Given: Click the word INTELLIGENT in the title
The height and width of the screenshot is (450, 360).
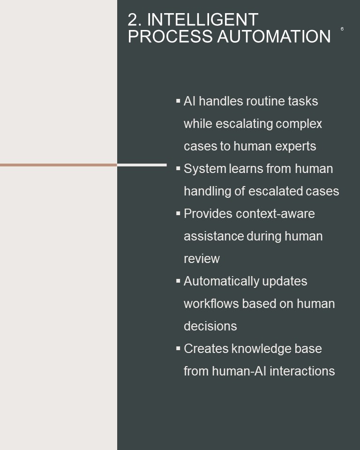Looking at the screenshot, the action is click(x=202, y=20).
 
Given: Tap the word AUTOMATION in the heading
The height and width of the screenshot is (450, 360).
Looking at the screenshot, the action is click(x=274, y=36).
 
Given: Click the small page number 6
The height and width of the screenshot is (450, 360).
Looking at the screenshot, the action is click(x=342, y=29).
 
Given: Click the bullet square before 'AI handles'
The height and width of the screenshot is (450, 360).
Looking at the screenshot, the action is click(x=178, y=101).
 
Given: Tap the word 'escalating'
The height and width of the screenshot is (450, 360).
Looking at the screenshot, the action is click(x=244, y=124).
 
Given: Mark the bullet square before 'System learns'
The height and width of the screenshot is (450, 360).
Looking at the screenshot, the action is click(x=178, y=168).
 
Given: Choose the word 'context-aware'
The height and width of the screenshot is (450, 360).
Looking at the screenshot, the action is click(x=275, y=214).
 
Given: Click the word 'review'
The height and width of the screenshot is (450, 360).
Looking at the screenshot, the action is click(x=202, y=259).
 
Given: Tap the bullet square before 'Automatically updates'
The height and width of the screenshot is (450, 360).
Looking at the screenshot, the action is click(x=178, y=281).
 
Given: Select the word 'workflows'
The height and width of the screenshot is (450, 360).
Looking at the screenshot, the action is click(x=211, y=304).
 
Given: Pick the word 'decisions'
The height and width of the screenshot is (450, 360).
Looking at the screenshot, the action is click(x=210, y=326).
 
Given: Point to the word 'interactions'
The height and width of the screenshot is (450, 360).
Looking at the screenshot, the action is click(x=302, y=371).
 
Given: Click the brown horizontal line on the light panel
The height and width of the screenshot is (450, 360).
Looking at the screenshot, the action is click(x=59, y=165).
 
